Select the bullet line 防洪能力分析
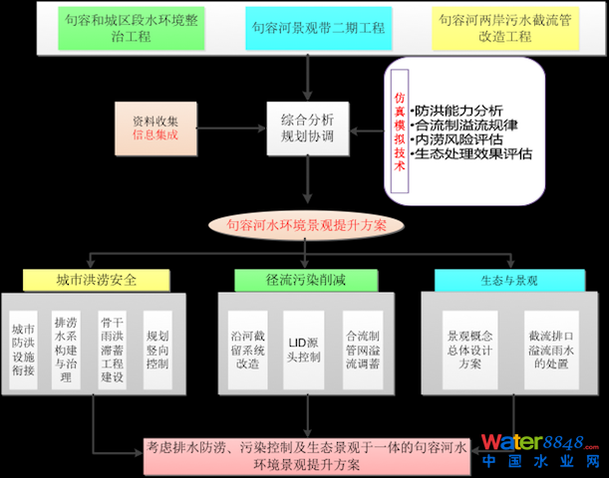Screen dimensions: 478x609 [x=459, y=110]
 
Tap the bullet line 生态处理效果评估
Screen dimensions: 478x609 [x=473, y=154]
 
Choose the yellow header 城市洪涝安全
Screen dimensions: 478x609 [x=91, y=280]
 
